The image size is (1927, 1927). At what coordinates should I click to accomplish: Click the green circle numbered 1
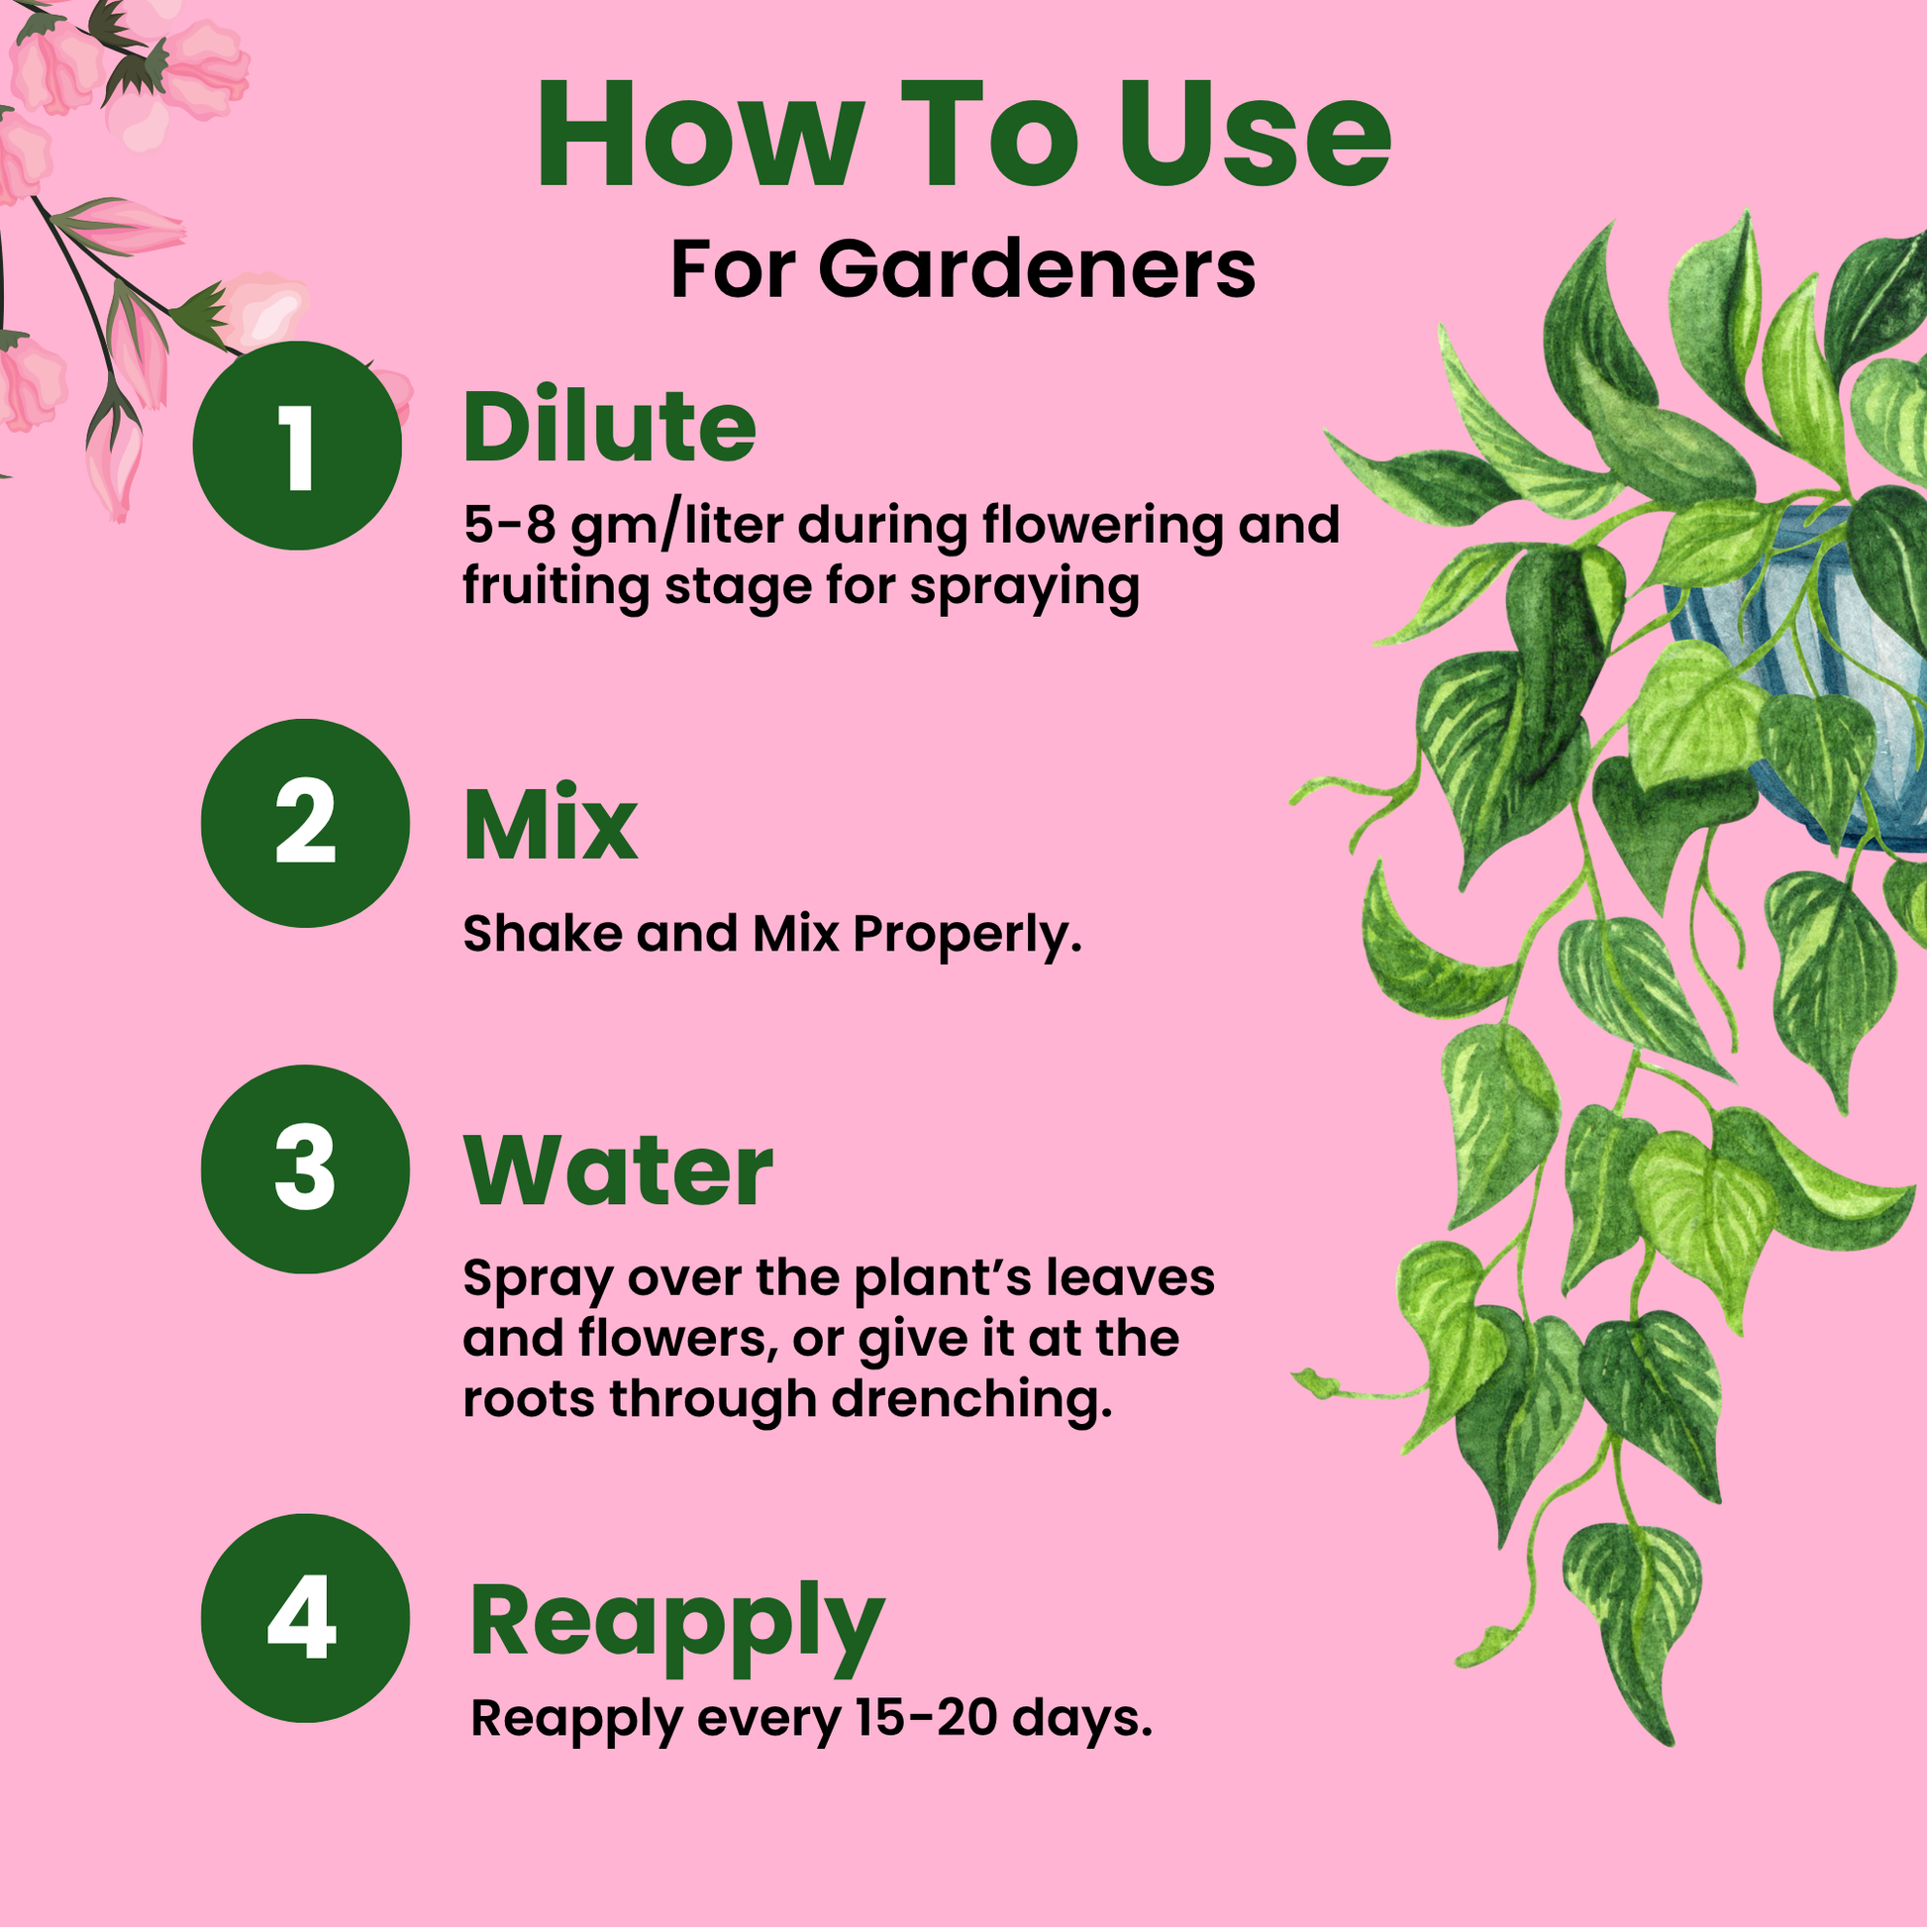[297, 445]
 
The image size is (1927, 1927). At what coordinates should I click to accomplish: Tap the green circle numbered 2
[305, 823]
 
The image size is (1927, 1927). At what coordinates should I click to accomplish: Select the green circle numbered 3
[305, 1168]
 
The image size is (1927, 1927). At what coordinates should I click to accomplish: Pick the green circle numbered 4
[305, 1618]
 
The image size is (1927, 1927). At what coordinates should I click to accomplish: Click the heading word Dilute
[609, 426]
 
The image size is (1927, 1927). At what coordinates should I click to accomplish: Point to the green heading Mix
[551, 823]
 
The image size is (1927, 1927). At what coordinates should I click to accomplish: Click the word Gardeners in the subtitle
[1038, 269]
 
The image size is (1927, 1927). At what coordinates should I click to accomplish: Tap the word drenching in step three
[971, 1399]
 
